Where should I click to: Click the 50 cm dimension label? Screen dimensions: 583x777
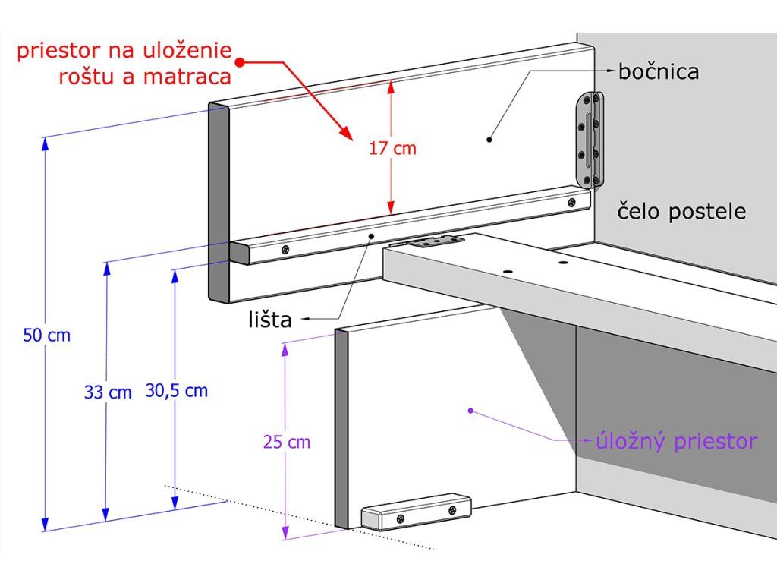[x=46, y=335]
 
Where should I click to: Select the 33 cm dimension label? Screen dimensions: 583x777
[x=108, y=392]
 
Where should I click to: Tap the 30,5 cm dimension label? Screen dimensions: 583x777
[x=176, y=391]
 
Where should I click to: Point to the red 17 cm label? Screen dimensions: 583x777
[x=392, y=148]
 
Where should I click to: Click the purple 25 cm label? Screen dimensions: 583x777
[x=287, y=442]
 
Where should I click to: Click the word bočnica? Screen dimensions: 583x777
[x=658, y=72]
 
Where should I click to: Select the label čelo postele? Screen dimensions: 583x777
[x=681, y=212]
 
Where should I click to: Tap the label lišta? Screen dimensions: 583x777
[x=269, y=320]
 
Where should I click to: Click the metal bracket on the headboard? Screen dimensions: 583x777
[x=591, y=140]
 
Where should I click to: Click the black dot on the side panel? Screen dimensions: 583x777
[x=489, y=140]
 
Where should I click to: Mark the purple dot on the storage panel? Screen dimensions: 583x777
[x=470, y=411]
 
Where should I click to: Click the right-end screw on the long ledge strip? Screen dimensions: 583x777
[x=571, y=203]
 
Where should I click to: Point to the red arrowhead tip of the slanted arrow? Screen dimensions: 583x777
[x=352, y=141]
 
